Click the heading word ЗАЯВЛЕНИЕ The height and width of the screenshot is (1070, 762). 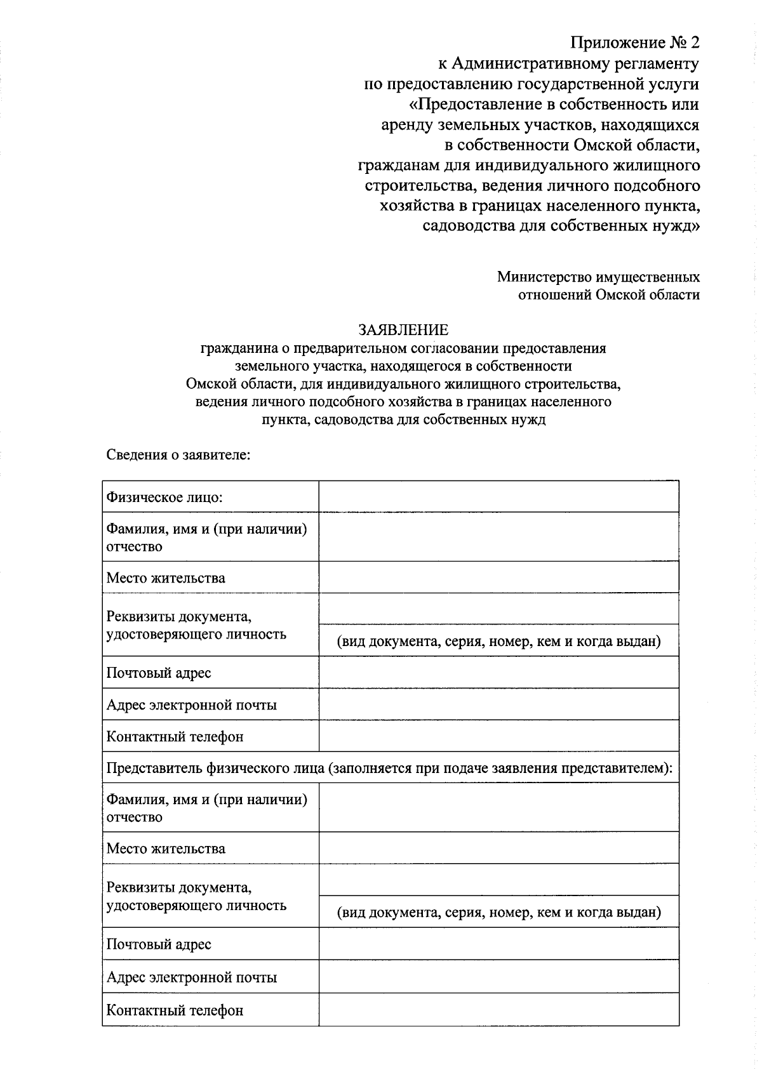coord(403,330)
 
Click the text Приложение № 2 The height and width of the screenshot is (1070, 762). coord(635,43)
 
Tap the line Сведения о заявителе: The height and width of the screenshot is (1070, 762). coord(178,455)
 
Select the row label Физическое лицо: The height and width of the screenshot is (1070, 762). coord(164,497)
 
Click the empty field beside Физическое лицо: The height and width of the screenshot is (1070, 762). coord(498,497)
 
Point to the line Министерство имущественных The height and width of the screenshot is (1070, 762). coord(598,277)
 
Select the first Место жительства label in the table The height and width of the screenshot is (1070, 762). coord(166,578)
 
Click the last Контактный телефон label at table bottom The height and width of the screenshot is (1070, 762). coord(175,1010)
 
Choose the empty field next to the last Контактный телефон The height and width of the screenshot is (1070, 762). coord(498,1010)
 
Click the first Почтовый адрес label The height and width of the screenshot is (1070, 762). coord(159,673)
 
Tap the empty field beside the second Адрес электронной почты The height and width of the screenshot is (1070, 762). coord(498,977)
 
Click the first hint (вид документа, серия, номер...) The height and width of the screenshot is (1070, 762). coord(498,642)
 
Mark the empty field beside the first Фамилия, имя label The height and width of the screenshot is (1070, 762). coord(498,537)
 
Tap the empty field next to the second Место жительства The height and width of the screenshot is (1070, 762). coord(498,849)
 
